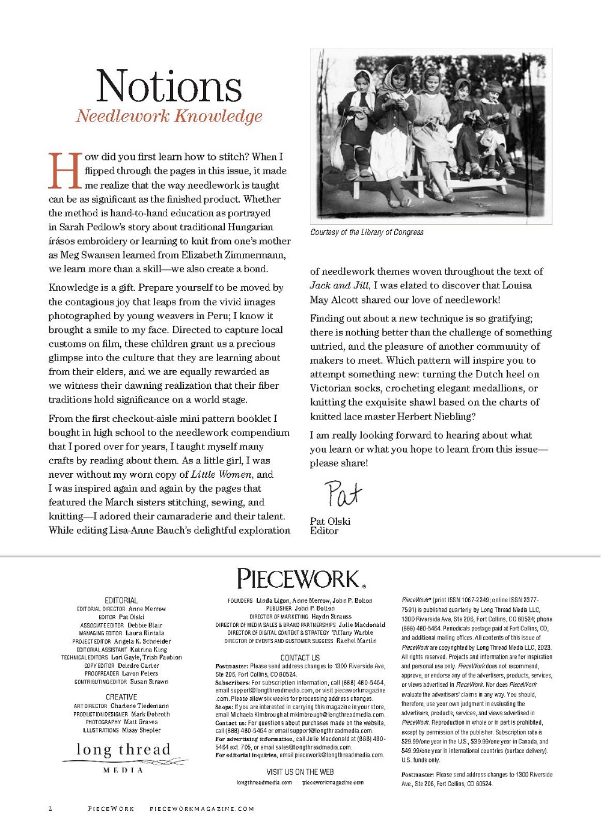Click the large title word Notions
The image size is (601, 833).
(x=169, y=85)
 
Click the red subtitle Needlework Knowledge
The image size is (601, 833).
(x=169, y=116)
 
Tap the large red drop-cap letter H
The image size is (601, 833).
(x=64, y=171)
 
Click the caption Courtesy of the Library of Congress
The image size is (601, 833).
(x=367, y=232)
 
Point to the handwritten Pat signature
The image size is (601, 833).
(x=343, y=494)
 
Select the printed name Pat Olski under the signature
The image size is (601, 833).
(x=330, y=521)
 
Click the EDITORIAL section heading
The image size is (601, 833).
(x=121, y=600)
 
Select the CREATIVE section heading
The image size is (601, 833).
(x=121, y=697)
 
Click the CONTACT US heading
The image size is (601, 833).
(x=300, y=658)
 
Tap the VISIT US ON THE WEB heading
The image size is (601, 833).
(x=300, y=772)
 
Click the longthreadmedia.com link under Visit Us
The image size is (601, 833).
(x=264, y=783)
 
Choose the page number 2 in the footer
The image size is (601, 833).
(x=50, y=809)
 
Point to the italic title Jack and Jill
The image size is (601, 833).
(x=339, y=285)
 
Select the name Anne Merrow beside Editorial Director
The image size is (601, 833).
(x=147, y=609)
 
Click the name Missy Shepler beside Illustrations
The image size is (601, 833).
(x=141, y=730)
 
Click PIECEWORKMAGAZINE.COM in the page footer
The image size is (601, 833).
(x=201, y=809)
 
